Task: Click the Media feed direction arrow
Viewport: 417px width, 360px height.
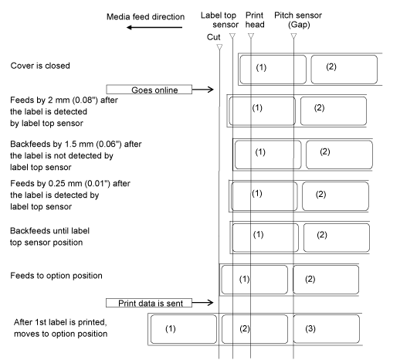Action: coord(154,27)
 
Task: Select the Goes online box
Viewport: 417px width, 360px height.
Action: coord(149,90)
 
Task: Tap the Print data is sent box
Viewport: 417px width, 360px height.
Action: coord(149,303)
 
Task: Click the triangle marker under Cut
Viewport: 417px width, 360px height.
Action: coord(219,47)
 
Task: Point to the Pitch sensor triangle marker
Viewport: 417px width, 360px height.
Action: coord(293,36)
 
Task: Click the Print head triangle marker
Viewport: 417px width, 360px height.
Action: coord(251,36)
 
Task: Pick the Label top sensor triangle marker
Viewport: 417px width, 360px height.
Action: coord(232,36)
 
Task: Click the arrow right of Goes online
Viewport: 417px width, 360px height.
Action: coord(202,90)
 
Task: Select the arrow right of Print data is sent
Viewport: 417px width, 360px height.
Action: coord(202,303)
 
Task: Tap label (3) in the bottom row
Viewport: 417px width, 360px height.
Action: coord(327,329)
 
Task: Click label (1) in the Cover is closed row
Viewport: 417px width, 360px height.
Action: coord(273,70)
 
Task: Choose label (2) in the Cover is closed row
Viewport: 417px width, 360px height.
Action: coord(344,70)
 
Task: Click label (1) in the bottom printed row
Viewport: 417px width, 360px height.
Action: coord(184,329)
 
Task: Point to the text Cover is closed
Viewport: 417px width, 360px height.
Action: coord(40,66)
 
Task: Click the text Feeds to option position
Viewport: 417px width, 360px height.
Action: coord(56,276)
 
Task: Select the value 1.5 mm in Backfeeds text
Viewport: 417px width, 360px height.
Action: coord(79,144)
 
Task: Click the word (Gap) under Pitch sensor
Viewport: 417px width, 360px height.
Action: coord(299,25)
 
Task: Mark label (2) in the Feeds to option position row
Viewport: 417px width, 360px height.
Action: coord(326,280)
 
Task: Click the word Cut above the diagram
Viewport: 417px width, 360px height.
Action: coord(214,37)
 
